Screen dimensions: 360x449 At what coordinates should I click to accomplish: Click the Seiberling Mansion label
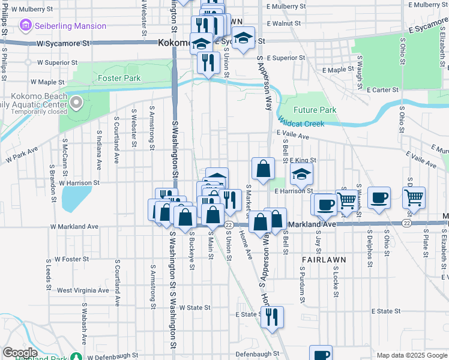pyautogui.click(x=70, y=26)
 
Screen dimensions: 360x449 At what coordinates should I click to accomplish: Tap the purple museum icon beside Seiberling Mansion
pyautogui.click(x=26, y=26)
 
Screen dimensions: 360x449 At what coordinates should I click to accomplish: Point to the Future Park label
pyautogui.click(x=315, y=110)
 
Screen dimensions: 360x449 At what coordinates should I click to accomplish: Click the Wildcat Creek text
pyautogui.click(x=301, y=124)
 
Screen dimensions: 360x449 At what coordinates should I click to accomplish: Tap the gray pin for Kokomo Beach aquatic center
pyautogui.click(x=76, y=104)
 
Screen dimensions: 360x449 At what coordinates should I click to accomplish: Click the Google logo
pyautogui.click(x=20, y=352)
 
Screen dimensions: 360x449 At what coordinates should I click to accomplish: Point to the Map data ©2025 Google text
pyautogui.click(x=412, y=355)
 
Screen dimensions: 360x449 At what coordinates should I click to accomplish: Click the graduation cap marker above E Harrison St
pyautogui.click(x=301, y=175)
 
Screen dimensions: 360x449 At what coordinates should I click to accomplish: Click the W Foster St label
pyautogui.click(x=71, y=259)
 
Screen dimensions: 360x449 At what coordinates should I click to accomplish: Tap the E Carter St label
pyautogui.click(x=383, y=89)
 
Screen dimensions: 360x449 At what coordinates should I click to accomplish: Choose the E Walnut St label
pyautogui.click(x=283, y=23)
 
